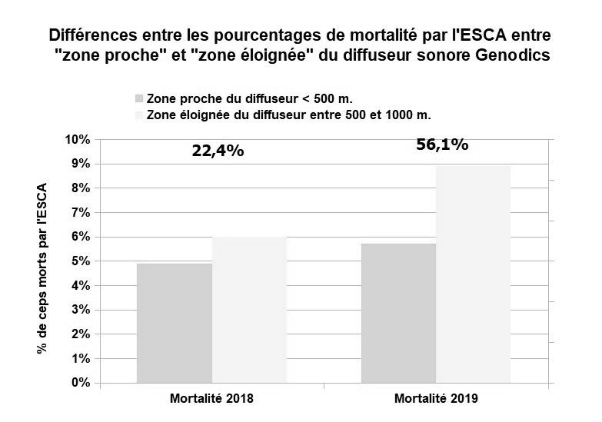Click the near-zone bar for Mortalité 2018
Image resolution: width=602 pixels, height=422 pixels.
(174, 323)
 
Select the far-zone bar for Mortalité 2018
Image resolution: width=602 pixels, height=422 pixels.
(249, 309)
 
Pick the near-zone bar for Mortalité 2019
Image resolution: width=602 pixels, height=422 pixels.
(398, 313)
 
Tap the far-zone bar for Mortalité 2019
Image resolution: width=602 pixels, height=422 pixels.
(473, 274)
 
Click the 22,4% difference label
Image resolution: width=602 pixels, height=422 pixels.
(218, 151)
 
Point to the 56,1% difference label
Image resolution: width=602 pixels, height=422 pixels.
(441, 145)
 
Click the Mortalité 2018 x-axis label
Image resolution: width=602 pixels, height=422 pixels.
(211, 399)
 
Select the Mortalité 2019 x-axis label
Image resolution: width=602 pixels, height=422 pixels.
(436, 399)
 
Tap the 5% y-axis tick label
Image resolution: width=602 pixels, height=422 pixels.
(81, 261)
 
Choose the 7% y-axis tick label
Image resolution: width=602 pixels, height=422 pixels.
(81, 213)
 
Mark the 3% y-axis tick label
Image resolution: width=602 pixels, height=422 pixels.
(81, 310)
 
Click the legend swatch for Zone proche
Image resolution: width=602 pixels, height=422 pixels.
(139, 98)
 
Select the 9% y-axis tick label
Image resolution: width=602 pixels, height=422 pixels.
(81, 164)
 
